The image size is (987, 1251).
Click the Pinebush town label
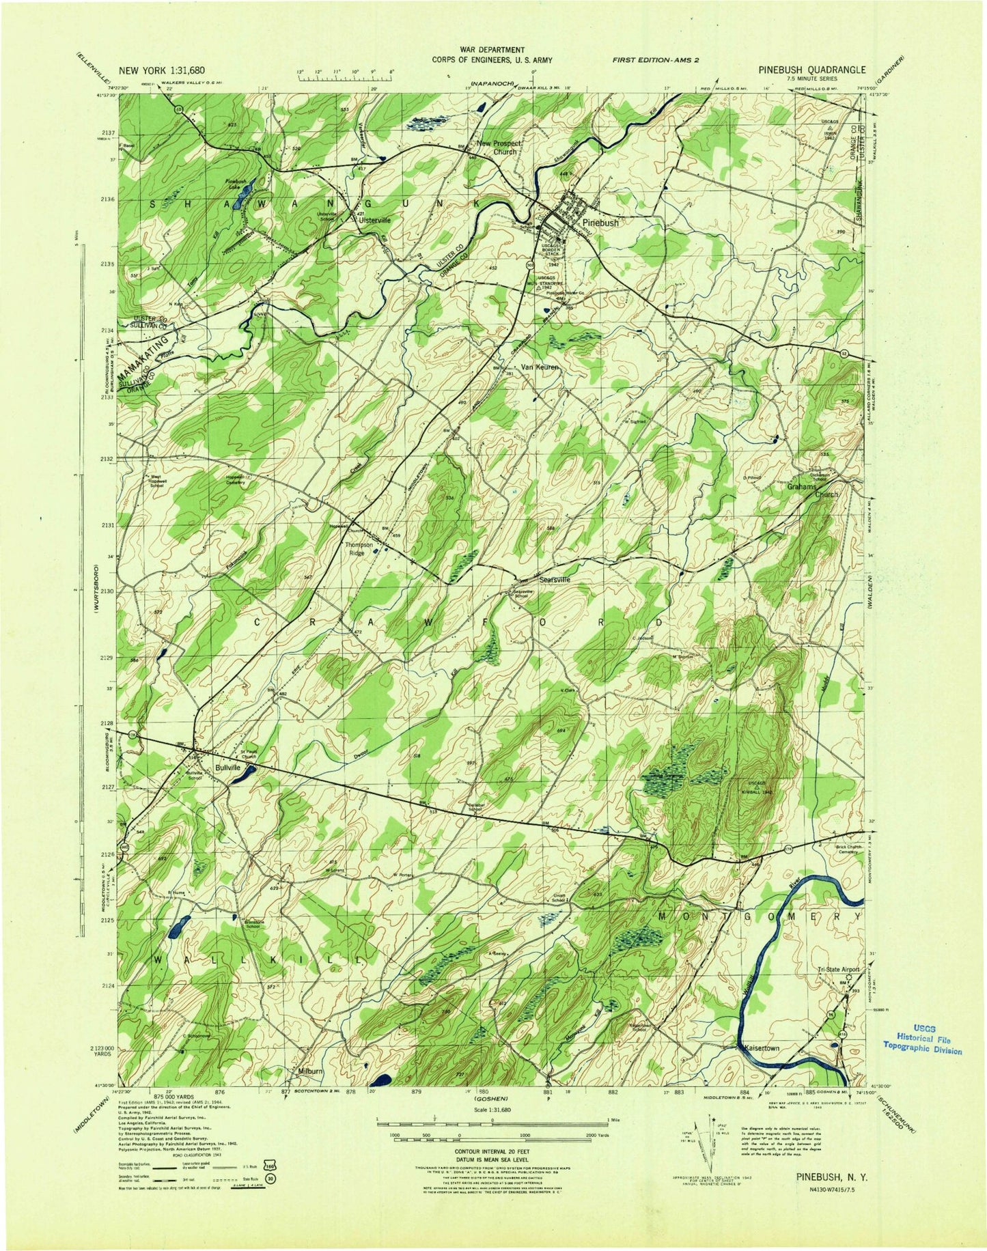(600, 223)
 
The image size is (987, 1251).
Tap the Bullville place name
(228, 767)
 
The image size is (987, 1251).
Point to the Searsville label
(555, 580)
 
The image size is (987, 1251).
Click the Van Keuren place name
(540, 367)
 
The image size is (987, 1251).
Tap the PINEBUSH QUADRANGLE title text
(811, 70)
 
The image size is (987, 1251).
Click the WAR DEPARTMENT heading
(493, 50)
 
